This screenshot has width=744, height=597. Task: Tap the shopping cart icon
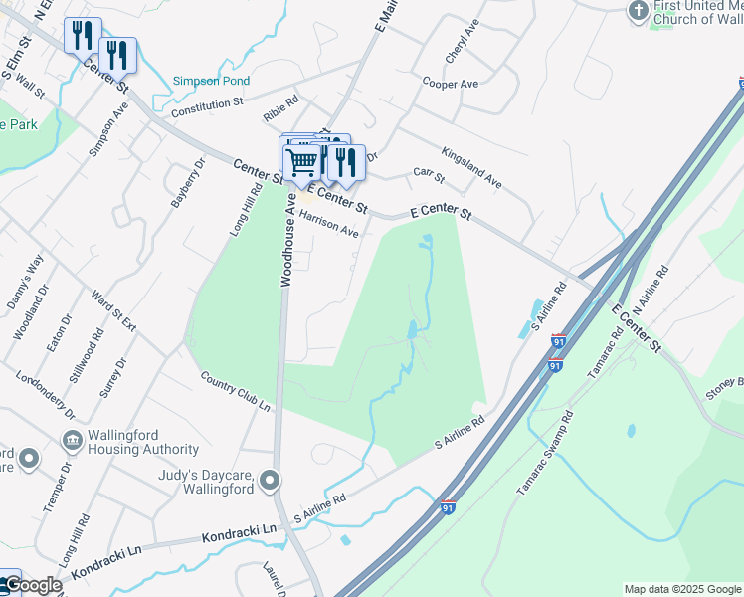[301, 160]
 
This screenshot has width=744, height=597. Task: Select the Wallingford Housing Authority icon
[72, 440]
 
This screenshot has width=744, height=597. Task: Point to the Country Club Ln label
[236, 392]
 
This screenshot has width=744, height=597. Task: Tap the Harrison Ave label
[328, 223]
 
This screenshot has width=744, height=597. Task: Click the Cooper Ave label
[452, 84]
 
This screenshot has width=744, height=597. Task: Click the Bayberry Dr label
[186, 182]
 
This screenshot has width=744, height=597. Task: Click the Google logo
[32, 585]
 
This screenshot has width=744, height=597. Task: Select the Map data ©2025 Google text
[682, 589]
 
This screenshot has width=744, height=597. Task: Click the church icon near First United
[639, 10]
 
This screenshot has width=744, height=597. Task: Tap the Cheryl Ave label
[463, 41]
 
